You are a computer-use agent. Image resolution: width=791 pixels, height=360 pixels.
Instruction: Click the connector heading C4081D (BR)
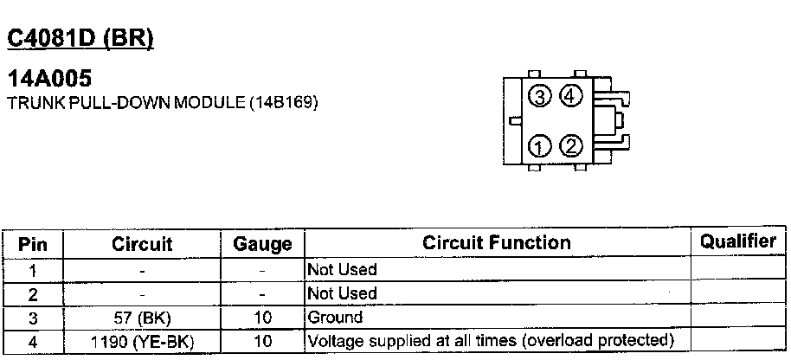pos(80,39)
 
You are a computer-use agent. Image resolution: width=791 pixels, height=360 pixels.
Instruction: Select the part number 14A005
pos(48,80)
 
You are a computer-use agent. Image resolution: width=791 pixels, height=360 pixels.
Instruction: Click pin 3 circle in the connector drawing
pos(541,97)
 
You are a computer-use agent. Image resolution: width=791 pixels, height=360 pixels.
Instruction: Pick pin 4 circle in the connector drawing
pos(570,96)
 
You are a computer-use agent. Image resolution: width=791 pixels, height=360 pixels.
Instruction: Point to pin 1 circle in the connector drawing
pos(541,145)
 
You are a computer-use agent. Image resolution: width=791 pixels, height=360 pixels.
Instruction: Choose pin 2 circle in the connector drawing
pos(570,145)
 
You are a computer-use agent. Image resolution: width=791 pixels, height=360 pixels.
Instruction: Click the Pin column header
pos(32,244)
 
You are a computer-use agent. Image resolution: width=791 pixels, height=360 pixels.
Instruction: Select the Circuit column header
pos(142,244)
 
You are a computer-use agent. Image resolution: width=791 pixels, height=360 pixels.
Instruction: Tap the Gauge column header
pos(262,244)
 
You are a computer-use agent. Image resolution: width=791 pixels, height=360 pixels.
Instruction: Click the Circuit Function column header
pos(496,243)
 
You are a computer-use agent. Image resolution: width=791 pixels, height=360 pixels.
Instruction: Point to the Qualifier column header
pos(737,242)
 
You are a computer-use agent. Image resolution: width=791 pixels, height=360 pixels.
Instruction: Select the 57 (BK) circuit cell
pos(142,318)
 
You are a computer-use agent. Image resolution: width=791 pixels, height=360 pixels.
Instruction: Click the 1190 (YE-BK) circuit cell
pos(142,342)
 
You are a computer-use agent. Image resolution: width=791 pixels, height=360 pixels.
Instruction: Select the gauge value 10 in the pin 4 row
pos(262,342)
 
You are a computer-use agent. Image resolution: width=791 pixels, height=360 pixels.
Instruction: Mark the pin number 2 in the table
pos(32,293)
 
